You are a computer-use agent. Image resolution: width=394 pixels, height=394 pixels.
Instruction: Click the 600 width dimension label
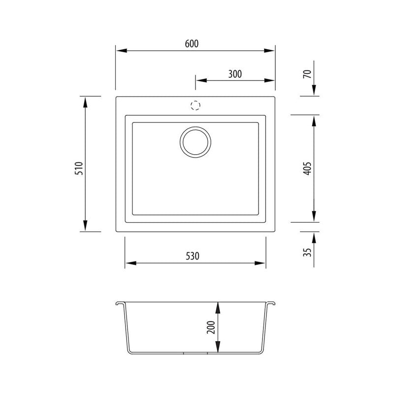(x=192, y=44)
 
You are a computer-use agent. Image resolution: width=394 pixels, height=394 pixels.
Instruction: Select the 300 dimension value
(x=235, y=74)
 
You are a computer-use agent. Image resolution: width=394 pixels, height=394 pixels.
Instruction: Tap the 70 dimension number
(x=307, y=74)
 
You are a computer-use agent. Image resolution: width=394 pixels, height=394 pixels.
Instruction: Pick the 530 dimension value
(x=192, y=256)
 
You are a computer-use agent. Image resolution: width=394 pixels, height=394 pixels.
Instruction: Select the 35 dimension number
(x=307, y=252)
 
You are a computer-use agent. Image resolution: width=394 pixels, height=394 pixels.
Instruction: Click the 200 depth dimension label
(x=211, y=327)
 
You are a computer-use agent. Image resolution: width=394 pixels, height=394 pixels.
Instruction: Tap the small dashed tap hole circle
(x=196, y=105)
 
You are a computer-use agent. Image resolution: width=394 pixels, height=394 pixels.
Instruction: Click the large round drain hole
(x=196, y=142)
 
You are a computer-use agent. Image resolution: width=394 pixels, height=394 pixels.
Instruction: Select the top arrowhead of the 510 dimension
(x=86, y=101)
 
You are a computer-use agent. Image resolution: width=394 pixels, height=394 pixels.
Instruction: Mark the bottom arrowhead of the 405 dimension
(x=314, y=217)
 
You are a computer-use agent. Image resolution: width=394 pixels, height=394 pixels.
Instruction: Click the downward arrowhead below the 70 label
(x=314, y=91)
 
